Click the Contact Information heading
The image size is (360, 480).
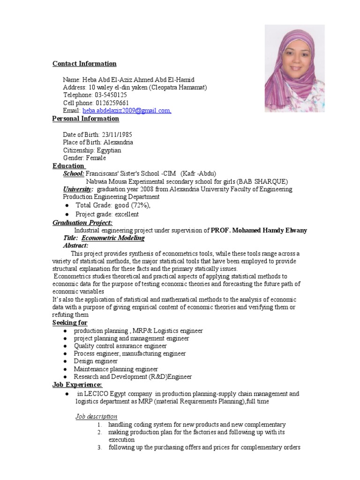(84, 64)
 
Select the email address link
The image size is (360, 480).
(127, 111)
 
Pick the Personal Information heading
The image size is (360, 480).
(85, 119)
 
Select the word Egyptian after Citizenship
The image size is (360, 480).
(109, 150)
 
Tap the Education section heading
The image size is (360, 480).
(68, 166)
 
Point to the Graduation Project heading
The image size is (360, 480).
(82, 223)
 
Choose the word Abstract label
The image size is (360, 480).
(75, 246)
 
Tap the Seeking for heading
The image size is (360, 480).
(70, 323)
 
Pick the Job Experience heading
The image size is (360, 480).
(77, 385)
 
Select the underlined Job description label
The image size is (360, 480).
(97, 416)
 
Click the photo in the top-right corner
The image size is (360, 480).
(294, 68)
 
